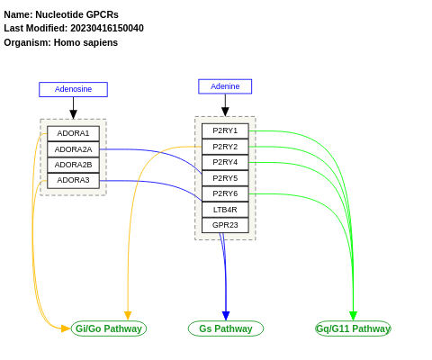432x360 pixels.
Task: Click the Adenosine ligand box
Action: point(73,89)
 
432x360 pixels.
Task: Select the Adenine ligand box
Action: point(225,86)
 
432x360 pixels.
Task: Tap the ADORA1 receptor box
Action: point(73,133)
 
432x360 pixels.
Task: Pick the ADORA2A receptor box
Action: point(73,149)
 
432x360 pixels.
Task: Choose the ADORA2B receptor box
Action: point(73,165)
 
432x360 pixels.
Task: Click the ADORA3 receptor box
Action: point(73,180)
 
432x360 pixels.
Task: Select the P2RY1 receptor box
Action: point(225,130)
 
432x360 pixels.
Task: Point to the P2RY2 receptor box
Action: point(225,147)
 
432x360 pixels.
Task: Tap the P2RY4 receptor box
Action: point(225,162)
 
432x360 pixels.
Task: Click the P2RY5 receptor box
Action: point(225,178)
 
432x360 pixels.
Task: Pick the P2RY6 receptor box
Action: point(225,193)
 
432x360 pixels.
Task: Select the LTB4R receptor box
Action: point(225,210)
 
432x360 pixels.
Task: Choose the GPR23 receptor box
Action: point(225,225)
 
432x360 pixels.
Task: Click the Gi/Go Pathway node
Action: point(109,328)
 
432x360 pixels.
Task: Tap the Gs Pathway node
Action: point(226,328)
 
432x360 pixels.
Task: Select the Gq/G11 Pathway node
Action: point(353,328)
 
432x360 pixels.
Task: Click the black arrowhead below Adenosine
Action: point(73,114)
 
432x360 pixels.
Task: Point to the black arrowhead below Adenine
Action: point(225,112)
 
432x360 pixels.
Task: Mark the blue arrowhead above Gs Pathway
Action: point(226,316)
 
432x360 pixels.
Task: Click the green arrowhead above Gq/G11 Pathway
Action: point(353,316)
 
